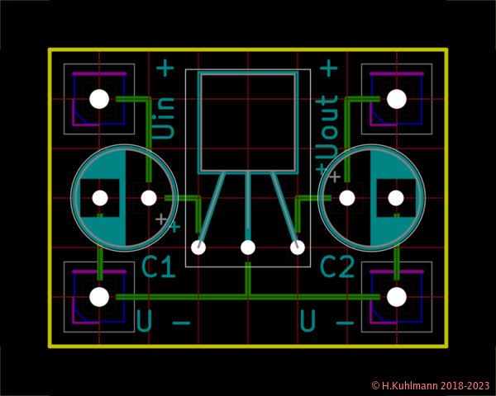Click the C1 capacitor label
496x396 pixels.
(158, 267)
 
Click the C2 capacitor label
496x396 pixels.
(337, 267)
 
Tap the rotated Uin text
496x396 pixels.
(165, 117)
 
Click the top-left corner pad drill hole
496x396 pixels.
(99, 99)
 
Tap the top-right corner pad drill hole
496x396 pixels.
(397, 99)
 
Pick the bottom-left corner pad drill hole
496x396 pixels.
(99, 297)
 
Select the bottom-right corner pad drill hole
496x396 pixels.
(397, 297)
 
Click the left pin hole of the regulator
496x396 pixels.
(198, 247)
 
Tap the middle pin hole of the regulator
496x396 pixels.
(248, 247)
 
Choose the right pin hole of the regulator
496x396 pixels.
(298, 247)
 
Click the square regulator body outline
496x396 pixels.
(248, 122)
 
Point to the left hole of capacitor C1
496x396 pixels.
(100, 198)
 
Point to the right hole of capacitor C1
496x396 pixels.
(149, 198)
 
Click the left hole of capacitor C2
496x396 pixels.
(347, 198)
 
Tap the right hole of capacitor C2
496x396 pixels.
(396, 198)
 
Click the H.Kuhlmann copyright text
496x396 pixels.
(430, 385)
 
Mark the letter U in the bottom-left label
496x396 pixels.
(145, 320)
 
